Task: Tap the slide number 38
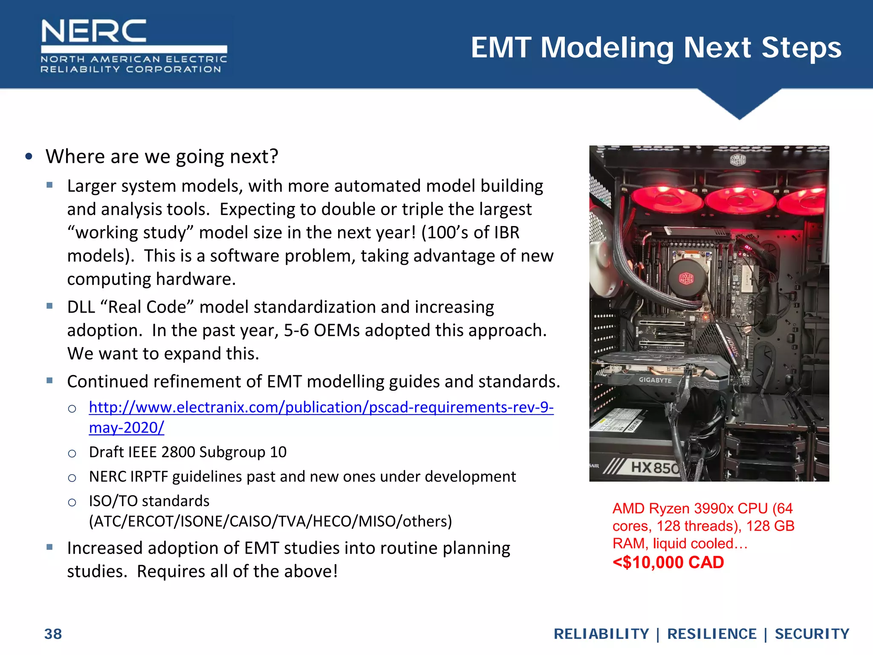(x=53, y=634)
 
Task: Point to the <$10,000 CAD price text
(x=668, y=562)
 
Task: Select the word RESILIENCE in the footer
(x=711, y=634)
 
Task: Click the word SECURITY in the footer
(x=812, y=634)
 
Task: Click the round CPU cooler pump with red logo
(x=686, y=278)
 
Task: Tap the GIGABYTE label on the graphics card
(x=655, y=380)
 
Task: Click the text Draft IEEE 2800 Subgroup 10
(x=188, y=452)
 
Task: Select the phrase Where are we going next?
(x=162, y=157)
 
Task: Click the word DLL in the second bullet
(x=81, y=307)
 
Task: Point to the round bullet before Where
(x=29, y=157)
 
